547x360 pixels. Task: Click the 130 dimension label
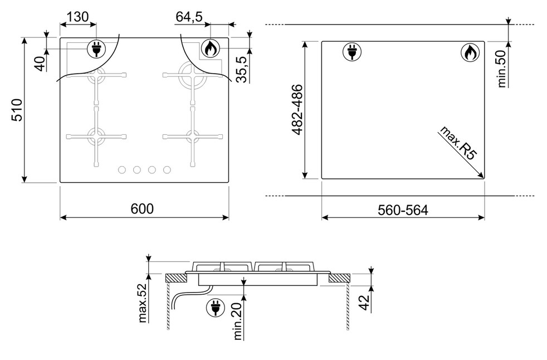(77, 16)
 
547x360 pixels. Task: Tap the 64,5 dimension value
(189, 16)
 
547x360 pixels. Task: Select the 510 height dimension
(17, 110)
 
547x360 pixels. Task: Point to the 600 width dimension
(142, 208)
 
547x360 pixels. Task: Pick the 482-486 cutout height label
(297, 109)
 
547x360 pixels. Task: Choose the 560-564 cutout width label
(403, 210)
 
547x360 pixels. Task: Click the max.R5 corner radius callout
(457, 143)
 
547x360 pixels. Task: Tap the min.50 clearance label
(501, 69)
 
